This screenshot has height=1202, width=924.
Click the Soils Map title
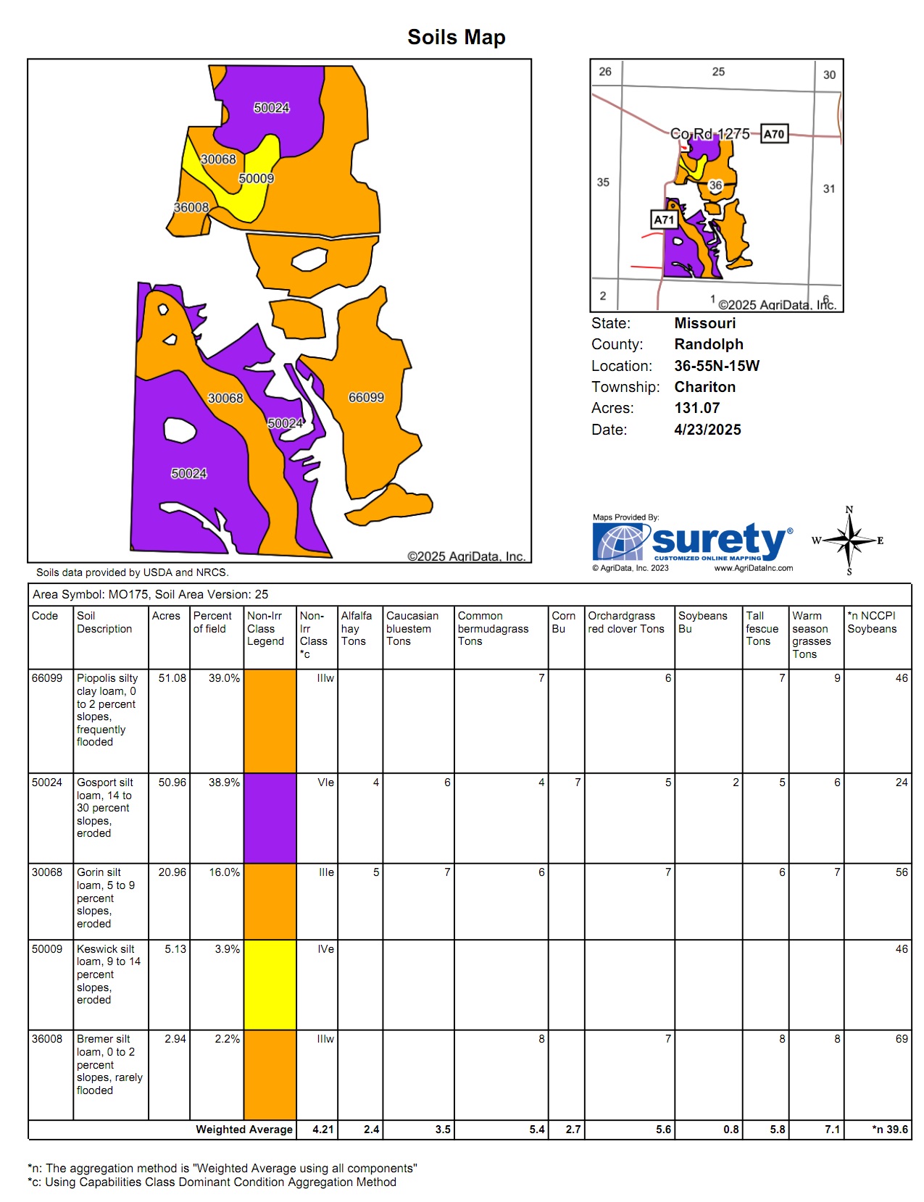point(456,37)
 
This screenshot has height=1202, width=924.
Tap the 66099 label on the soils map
point(366,397)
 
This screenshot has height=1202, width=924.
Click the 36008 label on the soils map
point(191,207)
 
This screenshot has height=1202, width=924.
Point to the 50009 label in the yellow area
point(257,178)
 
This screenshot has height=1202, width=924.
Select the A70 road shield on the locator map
point(774,134)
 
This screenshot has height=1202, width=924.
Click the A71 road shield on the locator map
point(664,220)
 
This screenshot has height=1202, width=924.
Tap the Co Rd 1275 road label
point(709,134)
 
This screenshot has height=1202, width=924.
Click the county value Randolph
point(708,344)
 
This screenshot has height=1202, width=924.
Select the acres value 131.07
point(696,408)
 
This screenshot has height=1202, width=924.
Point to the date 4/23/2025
point(707,430)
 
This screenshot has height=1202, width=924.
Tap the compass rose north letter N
point(849,510)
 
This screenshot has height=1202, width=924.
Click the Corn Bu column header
point(563,622)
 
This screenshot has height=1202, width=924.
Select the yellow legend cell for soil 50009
point(270,985)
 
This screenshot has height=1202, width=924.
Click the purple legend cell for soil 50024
point(270,818)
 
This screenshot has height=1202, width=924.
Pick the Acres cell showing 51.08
point(172,678)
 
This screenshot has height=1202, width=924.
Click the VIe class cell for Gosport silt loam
point(325,782)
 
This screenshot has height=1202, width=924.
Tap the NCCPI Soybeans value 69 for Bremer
point(901,1039)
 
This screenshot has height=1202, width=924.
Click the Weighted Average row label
point(244,1130)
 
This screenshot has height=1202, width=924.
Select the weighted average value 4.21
point(322,1130)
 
